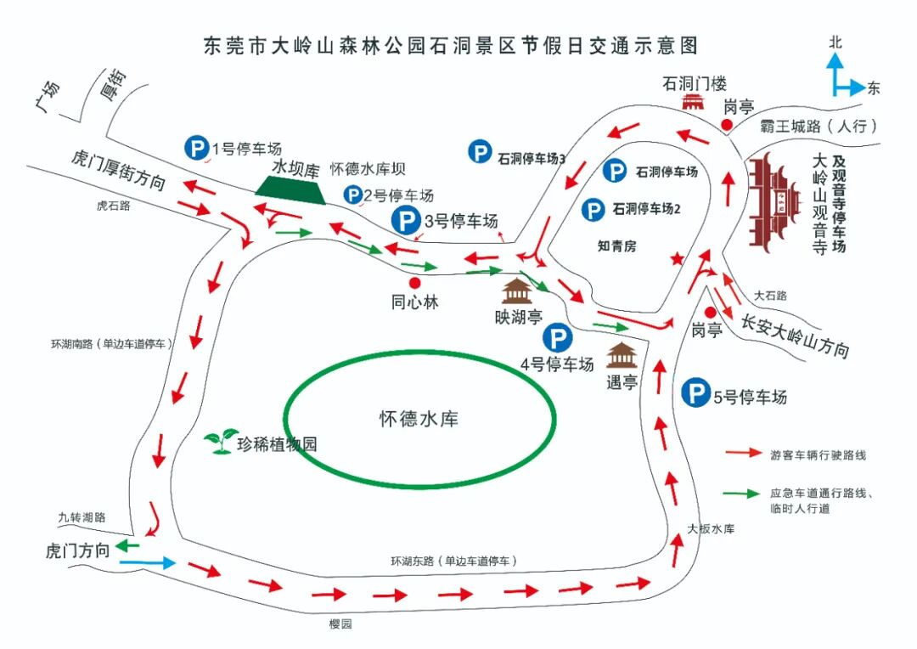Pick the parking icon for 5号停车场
(696, 394)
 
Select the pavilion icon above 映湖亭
(517, 291)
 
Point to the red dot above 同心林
(414, 283)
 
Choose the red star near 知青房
(677, 257)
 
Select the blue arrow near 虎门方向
(147, 562)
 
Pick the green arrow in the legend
(743, 493)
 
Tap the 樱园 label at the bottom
(340, 624)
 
